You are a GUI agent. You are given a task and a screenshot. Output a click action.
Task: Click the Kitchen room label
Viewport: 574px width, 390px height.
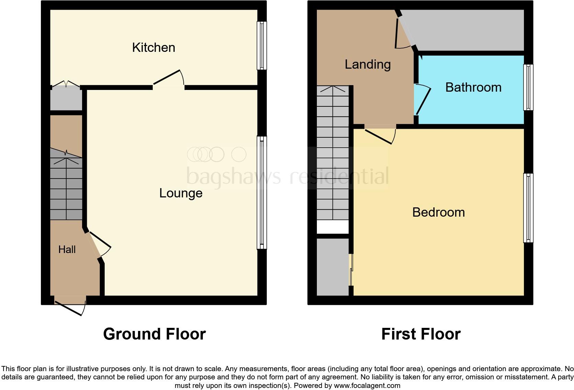[153, 47]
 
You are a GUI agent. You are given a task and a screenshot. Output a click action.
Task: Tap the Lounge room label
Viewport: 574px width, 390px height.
[181, 193]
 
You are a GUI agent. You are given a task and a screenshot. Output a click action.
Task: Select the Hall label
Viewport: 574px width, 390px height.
[67, 249]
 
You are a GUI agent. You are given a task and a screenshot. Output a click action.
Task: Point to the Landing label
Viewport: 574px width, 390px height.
[367, 64]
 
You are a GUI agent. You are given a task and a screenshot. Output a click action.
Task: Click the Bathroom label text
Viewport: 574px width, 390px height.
[473, 87]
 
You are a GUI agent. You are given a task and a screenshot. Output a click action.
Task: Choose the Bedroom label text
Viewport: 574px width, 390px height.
[438, 212]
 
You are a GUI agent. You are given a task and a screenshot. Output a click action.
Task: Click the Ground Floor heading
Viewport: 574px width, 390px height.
[154, 334]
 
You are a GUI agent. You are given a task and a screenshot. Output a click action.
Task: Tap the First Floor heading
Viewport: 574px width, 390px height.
[421, 334]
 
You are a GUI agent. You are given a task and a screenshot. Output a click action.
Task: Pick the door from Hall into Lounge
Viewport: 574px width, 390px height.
[99, 244]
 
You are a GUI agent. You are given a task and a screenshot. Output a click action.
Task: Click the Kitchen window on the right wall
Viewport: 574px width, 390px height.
[262, 46]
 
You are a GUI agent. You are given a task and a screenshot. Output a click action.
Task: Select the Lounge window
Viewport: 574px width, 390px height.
[262, 193]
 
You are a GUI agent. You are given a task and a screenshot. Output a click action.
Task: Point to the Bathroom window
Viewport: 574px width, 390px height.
[528, 87]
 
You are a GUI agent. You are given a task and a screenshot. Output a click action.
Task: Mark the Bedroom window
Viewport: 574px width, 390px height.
[528, 208]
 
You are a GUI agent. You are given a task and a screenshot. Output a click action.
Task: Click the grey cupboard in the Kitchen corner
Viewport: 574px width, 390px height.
[66, 99]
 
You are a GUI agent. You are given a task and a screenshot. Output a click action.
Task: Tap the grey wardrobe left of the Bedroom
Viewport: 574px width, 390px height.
[332, 267]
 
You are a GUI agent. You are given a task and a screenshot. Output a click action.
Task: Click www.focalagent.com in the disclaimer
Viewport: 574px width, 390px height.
[367, 386]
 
